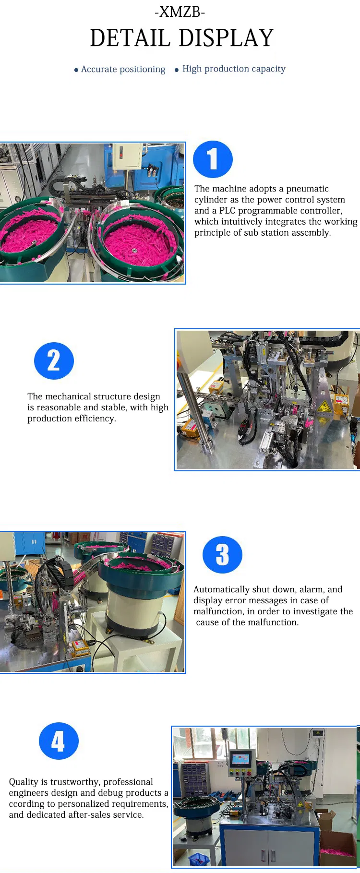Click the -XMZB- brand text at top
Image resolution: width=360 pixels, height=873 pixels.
[x=180, y=12]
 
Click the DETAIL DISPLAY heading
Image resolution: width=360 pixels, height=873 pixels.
[x=181, y=38]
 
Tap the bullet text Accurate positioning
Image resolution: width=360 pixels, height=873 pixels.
[x=123, y=70]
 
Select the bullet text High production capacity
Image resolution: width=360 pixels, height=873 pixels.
[x=234, y=69]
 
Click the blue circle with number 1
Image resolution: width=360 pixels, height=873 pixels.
[x=213, y=159]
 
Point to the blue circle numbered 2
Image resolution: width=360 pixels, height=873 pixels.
[x=54, y=361]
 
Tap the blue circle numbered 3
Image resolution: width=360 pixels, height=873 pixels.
[x=222, y=555]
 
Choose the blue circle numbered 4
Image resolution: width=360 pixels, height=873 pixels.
[x=59, y=741]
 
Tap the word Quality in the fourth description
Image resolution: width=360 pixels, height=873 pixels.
[x=24, y=782]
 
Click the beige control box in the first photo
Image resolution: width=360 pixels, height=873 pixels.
[x=127, y=156]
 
